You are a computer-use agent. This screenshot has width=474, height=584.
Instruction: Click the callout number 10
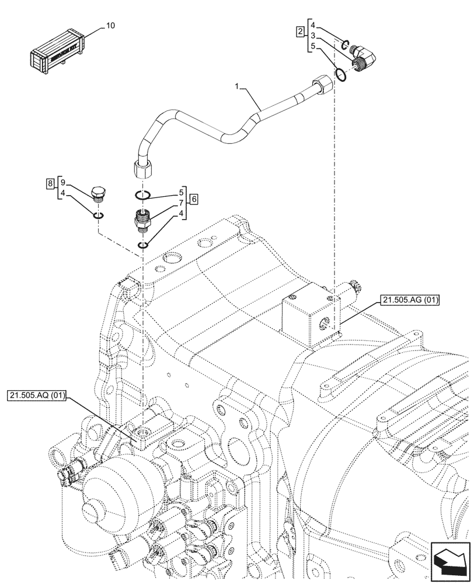(111, 26)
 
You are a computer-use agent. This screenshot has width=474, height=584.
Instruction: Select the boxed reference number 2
(300, 31)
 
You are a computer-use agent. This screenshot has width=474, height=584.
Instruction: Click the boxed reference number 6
(194, 199)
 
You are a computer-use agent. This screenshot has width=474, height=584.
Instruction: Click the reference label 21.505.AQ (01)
(38, 397)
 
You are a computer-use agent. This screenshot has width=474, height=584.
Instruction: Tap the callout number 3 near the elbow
(313, 36)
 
